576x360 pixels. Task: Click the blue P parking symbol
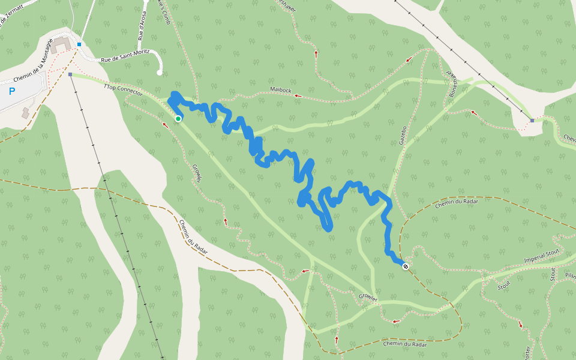coord(12,92)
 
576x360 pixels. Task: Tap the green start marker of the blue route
coord(178,119)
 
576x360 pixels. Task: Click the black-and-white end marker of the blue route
coord(406,266)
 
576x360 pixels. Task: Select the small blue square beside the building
coord(79,44)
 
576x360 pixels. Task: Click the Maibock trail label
coord(280,89)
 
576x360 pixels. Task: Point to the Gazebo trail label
coord(403,135)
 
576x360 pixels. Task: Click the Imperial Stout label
coord(542,255)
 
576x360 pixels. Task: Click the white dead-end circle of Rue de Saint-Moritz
coord(159,73)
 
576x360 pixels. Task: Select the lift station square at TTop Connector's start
coord(70,74)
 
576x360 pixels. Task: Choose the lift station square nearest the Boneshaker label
coord(532,121)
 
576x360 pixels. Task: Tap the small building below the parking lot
coord(26,112)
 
